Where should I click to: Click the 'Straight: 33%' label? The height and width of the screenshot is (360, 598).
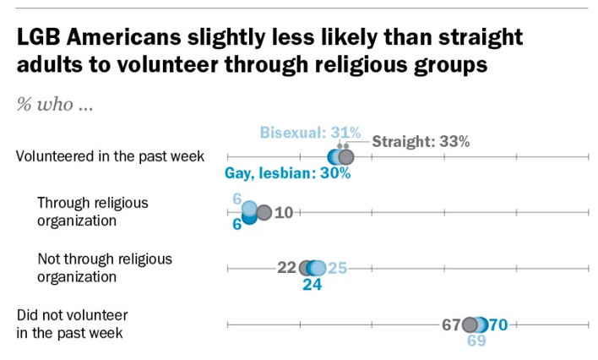(421, 142)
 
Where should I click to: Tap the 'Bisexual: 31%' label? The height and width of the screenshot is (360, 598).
(310, 133)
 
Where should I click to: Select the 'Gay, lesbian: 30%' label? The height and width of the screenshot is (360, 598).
(287, 175)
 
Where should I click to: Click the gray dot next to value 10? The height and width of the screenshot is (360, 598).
(263, 213)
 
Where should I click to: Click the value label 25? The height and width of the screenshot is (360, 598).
(337, 269)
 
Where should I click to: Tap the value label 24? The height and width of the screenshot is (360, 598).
(313, 286)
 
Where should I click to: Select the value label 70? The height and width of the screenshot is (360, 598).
(497, 325)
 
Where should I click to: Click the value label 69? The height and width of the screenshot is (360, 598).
(478, 341)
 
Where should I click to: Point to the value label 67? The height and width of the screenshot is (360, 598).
(449, 325)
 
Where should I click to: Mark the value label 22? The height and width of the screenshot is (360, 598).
(286, 269)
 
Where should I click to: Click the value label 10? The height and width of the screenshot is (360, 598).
(283, 213)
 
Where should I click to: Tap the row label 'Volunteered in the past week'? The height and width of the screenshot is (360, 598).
(111, 156)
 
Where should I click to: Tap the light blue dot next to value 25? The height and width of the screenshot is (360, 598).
(318, 269)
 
